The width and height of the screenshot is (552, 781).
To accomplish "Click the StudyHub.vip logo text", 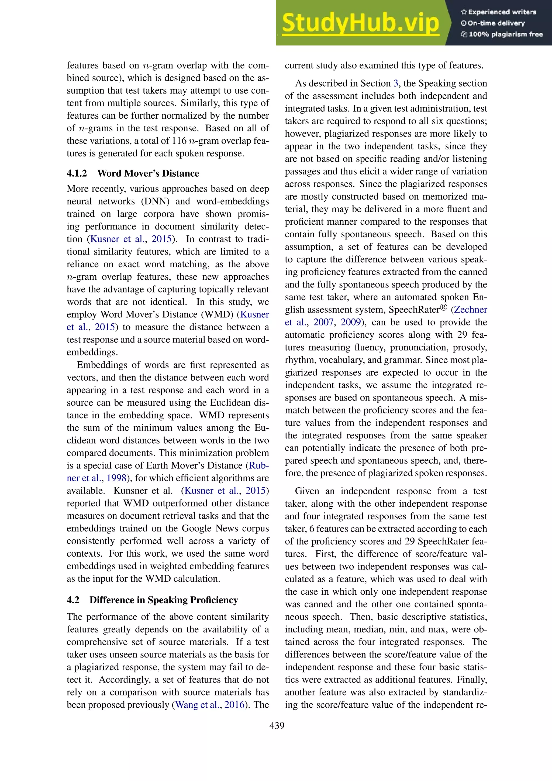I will (360, 23).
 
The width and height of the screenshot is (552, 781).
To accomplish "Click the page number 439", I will (277, 725).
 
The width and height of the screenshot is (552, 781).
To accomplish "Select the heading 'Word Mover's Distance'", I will (148, 173).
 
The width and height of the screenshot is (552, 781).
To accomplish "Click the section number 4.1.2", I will (77, 173).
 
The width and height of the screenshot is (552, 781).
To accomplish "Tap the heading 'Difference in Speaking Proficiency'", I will (164, 600).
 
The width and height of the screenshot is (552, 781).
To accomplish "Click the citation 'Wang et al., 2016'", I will (210, 704).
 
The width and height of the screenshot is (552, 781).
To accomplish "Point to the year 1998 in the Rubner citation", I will (116, 478).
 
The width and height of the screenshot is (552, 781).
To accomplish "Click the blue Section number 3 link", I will (396, 83).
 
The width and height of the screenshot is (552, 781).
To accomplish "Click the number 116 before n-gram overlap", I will (180, 141).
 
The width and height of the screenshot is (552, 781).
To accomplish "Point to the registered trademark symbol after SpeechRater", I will (444, 307).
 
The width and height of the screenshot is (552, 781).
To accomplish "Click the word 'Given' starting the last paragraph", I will (306, 491).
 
